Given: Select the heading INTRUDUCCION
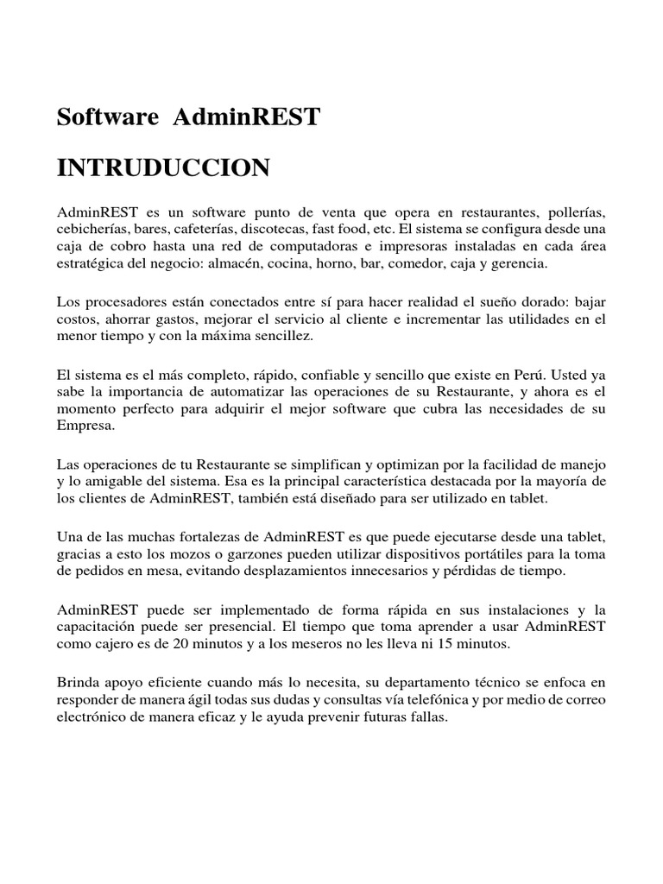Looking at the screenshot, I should (x=163, y=167).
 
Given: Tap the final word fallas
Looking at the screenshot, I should (x=428, y=716).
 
